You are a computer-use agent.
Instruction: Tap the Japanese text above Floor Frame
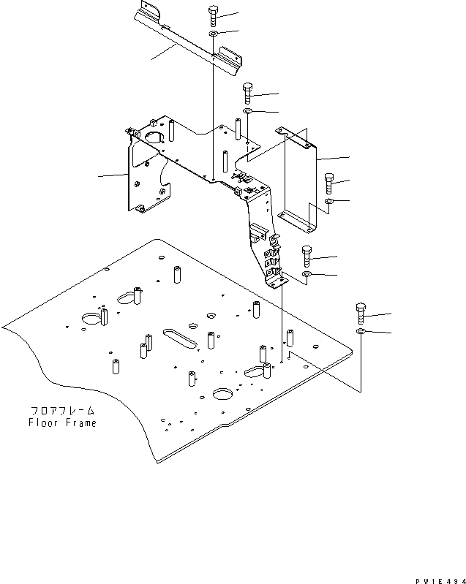click(x=63, y=411)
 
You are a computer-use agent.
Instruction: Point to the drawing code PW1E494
click(x=440, y=580)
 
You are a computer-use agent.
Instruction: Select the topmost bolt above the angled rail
click(x=213, y=15)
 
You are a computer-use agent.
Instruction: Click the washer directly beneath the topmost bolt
click(x=213, y=34)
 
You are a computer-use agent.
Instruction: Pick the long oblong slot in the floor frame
click(x=180, y=338)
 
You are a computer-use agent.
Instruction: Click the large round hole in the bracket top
click(x=154, y=137)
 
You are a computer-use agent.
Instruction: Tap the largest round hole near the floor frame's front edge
click(x=222, y=394)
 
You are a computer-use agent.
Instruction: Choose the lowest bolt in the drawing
click(x=361, y=314)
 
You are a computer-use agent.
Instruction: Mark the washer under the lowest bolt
click(x=361, y=332)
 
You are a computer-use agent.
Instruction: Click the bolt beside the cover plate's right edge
click(x=328, y=183)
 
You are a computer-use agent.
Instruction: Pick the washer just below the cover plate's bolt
click(x=328, y=202)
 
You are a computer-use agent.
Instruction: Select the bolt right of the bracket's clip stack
click(x=307, y=257)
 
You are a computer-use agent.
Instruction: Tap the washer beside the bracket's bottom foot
click(x=307, y=275)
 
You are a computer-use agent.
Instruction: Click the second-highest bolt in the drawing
click(x=247, y=93)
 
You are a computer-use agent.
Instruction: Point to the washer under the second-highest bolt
click(x=247, y=111)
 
